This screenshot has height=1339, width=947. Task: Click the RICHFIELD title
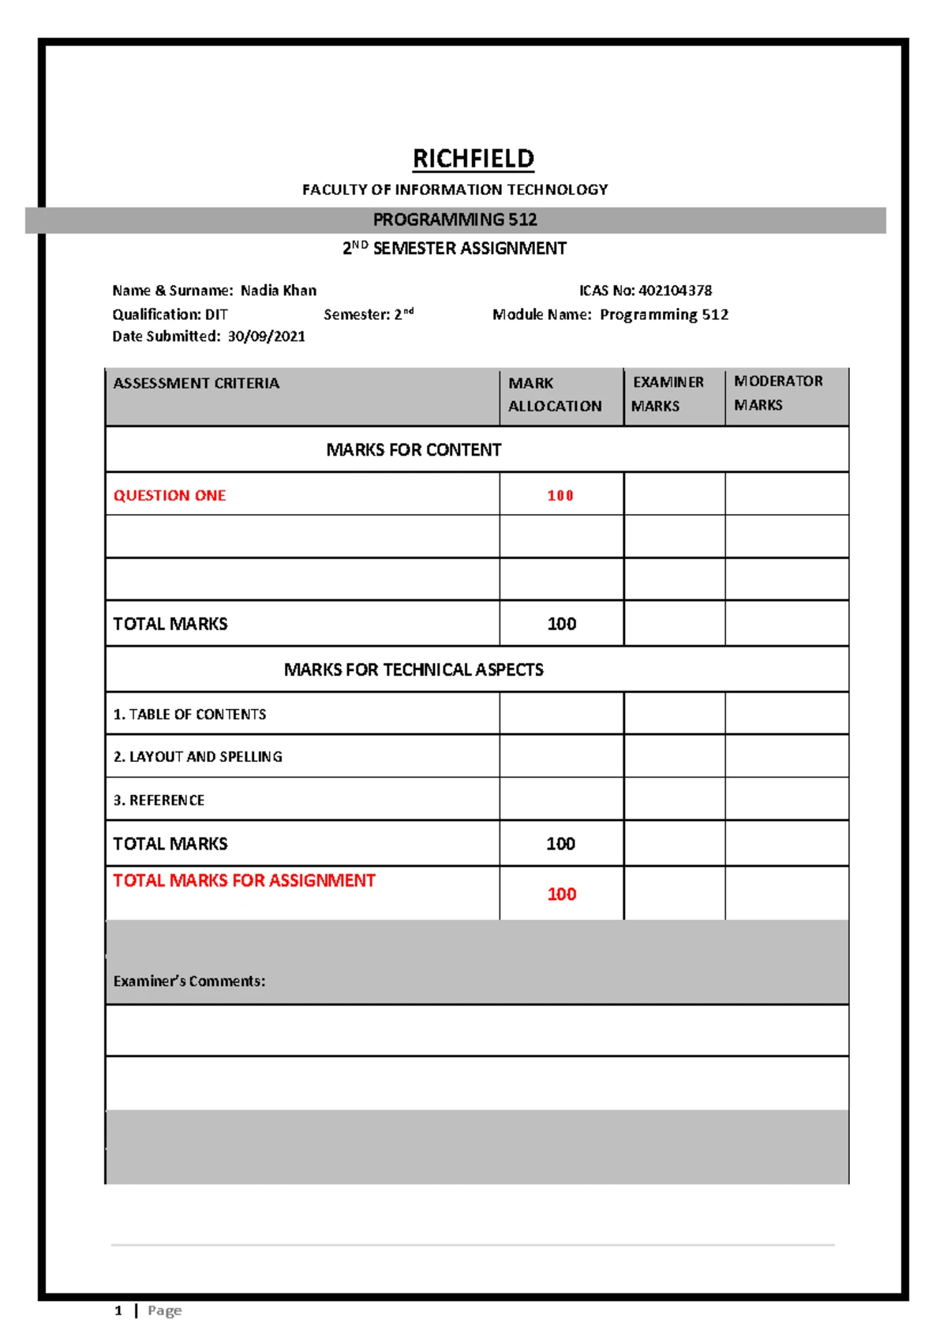point(473,159)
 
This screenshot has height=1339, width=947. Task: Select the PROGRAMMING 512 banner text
point(455,219)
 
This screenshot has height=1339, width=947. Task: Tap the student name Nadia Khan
point(279,291)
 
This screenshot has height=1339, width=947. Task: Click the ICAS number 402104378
point(675,291)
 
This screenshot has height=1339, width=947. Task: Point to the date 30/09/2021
point(266,336)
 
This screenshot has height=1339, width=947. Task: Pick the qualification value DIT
point(216,314)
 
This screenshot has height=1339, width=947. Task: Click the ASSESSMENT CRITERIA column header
point(196,384)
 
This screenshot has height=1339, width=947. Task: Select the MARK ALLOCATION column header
point(554,394)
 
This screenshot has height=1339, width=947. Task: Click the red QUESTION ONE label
point(170,496)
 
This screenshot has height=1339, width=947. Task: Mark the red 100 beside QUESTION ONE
point(560,496)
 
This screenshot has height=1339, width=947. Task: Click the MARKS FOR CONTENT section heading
point(414,450)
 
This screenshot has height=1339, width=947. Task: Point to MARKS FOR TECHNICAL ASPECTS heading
point(414,670)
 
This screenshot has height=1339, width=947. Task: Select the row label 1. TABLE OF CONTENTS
point(189,715)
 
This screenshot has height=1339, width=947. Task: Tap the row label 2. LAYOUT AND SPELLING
point(197,757)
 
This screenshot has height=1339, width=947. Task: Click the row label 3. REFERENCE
point(159,801)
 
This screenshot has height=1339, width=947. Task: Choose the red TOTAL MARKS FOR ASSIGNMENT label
point(244,881)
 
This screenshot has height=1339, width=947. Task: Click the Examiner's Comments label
point(189,981)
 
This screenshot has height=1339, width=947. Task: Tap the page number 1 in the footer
point(118,1311)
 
